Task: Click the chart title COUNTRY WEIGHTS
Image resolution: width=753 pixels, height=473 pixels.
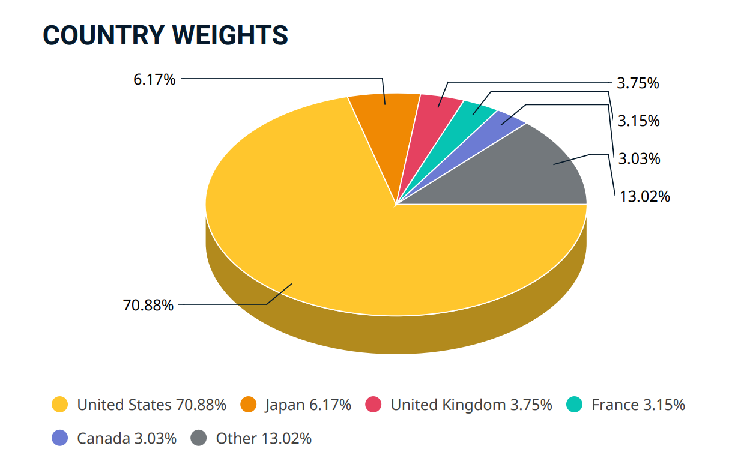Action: pos(165,35)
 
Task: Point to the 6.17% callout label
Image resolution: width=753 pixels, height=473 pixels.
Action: pos(154,79)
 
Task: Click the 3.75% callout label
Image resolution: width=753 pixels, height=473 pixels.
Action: pos(638,83)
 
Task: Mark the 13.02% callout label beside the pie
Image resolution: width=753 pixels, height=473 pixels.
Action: pos(644,196)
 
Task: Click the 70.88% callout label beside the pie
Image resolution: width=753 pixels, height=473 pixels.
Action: pos(148,305)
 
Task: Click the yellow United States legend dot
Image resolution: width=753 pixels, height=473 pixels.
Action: pos(60,405)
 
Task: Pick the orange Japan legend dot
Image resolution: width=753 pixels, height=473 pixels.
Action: pos(248,405)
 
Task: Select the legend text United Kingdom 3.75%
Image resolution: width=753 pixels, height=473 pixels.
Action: pos(471,405)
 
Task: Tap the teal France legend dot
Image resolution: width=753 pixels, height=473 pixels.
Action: pos(575,405)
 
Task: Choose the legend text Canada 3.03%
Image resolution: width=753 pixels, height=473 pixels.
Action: pos(127,438)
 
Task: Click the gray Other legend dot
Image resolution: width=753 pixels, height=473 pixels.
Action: pos(199,438)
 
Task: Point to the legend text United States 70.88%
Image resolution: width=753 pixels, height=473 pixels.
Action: pos(151,405)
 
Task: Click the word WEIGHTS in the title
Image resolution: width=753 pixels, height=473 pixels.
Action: pos(230,35)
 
